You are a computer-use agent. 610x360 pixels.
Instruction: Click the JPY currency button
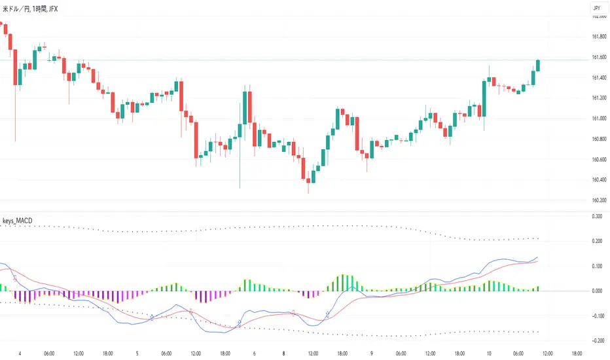(x=596, y=8)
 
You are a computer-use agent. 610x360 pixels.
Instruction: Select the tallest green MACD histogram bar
(x=341, y=282)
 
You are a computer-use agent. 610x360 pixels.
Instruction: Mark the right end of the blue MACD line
(x=538, y=257)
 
